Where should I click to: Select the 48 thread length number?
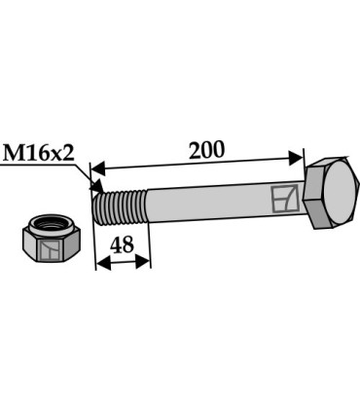(122, 244)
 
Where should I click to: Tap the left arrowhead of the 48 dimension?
(101, 261)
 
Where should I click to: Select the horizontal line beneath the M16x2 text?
(39, 166)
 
